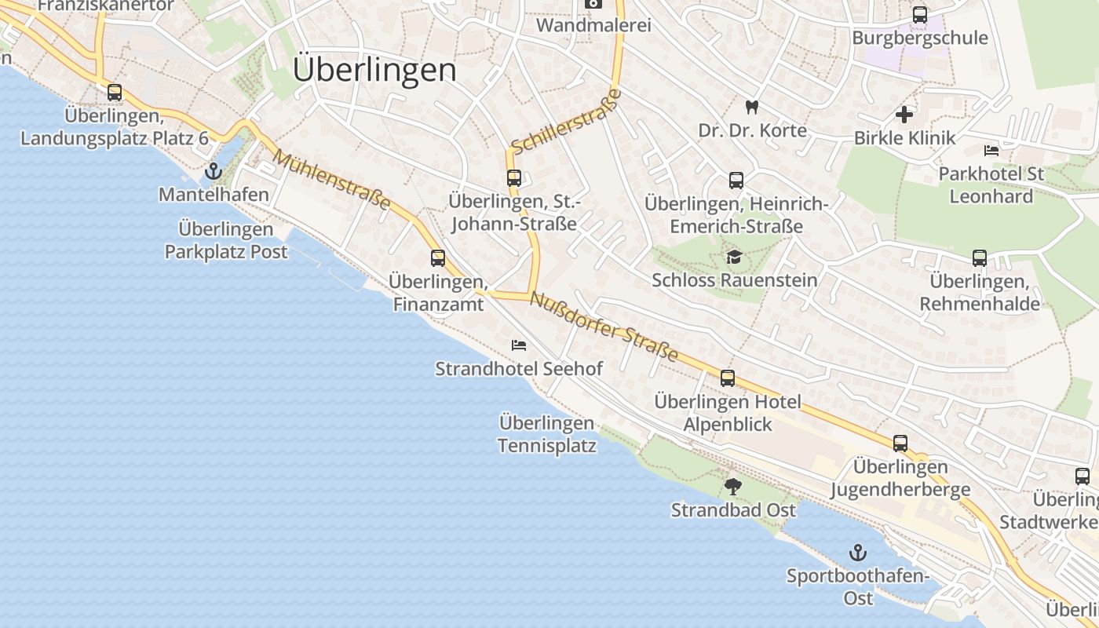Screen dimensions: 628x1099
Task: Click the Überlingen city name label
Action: (374, 70)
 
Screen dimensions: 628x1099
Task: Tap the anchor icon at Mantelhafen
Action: (213, 171)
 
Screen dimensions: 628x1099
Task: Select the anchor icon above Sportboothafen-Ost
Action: (858, 553)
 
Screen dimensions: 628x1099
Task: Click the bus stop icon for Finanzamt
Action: (438, 257)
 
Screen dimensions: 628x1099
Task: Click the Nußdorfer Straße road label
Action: (604, 327)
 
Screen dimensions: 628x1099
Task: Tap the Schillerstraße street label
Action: (566, 122)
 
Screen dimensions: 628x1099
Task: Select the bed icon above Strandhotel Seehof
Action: (518, 345)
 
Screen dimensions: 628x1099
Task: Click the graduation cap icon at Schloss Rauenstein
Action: (734, 257)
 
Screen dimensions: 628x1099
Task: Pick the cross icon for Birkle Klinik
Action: (904, 115)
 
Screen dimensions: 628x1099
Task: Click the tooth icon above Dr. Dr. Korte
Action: (752, 107)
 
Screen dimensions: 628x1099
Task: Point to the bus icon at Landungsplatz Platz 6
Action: (115, 93)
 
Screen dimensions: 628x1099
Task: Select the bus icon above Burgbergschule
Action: (920, 15)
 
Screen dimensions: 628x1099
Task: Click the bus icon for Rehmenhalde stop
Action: (979, 257)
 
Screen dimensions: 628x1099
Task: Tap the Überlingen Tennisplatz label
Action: (547, 434)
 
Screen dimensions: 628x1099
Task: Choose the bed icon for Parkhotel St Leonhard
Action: (991, 151)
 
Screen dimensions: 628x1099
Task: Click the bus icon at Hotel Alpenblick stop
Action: (728, 378)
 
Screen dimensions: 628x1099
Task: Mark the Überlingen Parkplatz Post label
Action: (226, 240)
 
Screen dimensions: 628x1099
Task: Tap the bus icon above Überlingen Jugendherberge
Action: (900, 443)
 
